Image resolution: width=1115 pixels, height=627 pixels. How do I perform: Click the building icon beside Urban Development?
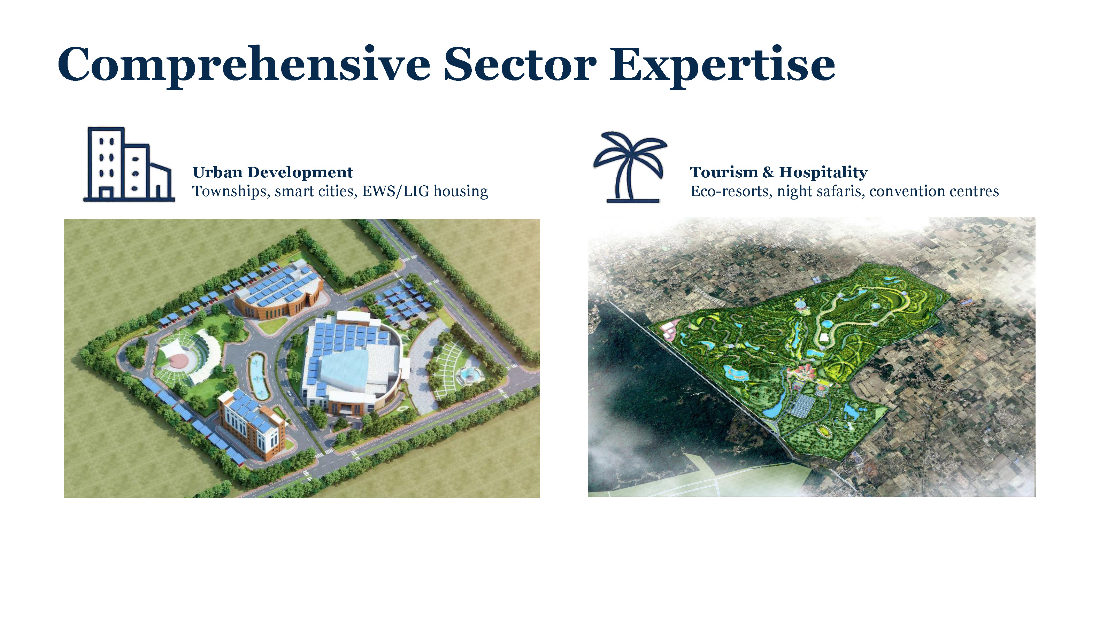point(129,164)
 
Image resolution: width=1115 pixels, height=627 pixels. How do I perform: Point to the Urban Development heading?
point(273,172)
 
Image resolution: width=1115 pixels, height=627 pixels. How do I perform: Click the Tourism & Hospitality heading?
point(779,172)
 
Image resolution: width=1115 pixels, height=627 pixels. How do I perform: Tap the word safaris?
point(838,191)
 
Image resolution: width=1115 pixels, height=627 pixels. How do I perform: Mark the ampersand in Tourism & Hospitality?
point(768,172)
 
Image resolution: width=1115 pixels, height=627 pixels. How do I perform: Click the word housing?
point(461,191)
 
